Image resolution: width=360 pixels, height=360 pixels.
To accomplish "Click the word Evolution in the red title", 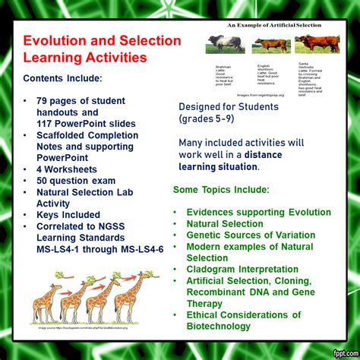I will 52,41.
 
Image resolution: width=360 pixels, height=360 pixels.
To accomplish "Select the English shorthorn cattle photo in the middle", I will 272,45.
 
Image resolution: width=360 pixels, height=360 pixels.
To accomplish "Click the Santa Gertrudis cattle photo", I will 317,43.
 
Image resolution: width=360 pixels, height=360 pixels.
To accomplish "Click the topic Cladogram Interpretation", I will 242,270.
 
